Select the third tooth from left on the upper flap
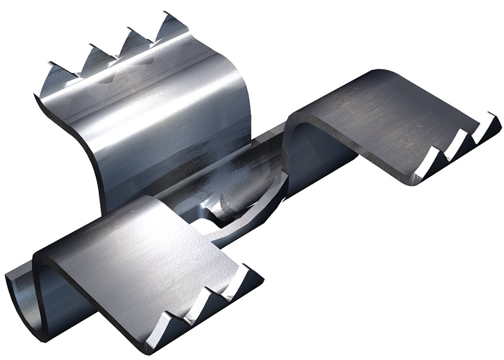tap(134, 40)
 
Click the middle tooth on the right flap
tap(457, 146)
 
